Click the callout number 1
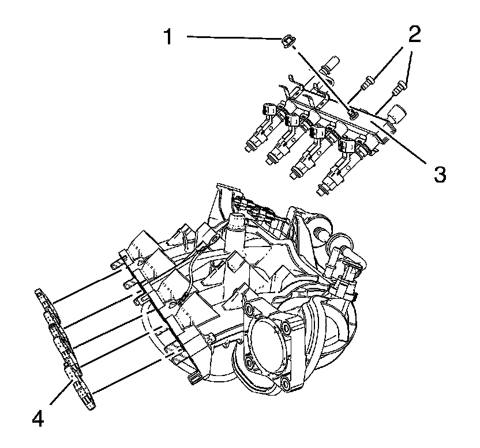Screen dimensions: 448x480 pos(168,38)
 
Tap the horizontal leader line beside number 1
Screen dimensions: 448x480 pos(231,38)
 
